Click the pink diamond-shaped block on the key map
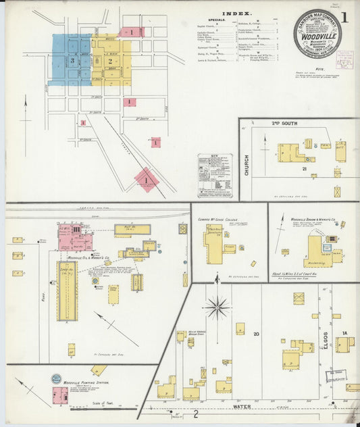(x=146, y=180)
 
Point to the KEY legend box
(x=215, y=176)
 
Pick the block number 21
(x=305, y=168)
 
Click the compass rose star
(x=217, y=307)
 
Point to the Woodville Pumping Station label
(x=86, y=382)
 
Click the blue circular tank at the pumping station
(x=56, y=379)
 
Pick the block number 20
(x=257, y=334)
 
